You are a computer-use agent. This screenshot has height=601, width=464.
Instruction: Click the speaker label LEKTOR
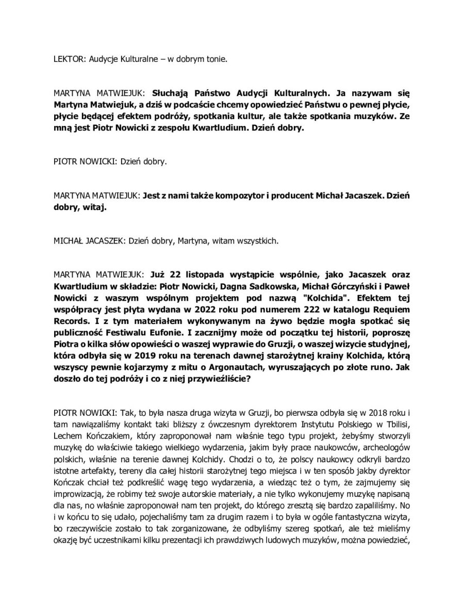pyautogui.click(x=68, y=59)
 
